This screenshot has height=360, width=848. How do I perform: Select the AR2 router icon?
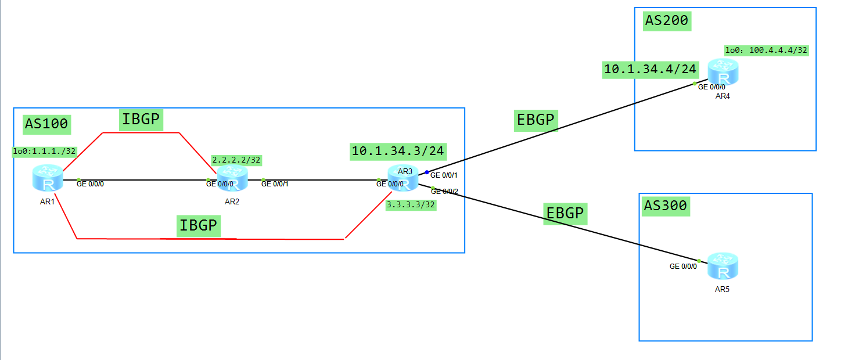(x=232, y=178)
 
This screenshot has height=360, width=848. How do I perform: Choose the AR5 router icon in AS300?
(x=723, y=267)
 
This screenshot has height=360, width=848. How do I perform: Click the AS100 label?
(x=46, y=123)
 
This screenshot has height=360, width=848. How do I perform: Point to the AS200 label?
(x=667, y=21)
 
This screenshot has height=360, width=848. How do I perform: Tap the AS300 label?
(x=666, y=206)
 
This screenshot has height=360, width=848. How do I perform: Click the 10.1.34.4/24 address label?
(x=650, y=70)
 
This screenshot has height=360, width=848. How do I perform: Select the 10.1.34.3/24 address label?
(x=398, y=152)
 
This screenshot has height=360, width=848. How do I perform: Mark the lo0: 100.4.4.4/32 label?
(x=766, y=51)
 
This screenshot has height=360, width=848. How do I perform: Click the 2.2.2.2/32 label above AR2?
(x=235, y=160)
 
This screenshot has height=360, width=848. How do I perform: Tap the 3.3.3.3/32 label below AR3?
(x=411, y=204)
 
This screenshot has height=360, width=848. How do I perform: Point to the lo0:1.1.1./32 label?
(x=45, y=152)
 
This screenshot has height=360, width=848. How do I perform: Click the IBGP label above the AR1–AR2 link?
(x=141, y=120)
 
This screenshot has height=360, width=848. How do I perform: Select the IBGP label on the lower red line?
(x=198, y=225)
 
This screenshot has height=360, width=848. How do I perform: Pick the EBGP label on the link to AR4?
(x=536, y=120)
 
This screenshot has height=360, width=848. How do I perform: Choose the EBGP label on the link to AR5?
(x=565, y=213)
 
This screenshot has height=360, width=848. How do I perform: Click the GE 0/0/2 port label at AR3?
(x=444, y=192)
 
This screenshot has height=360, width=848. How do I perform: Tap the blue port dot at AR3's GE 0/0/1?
(x=427, y=172)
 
